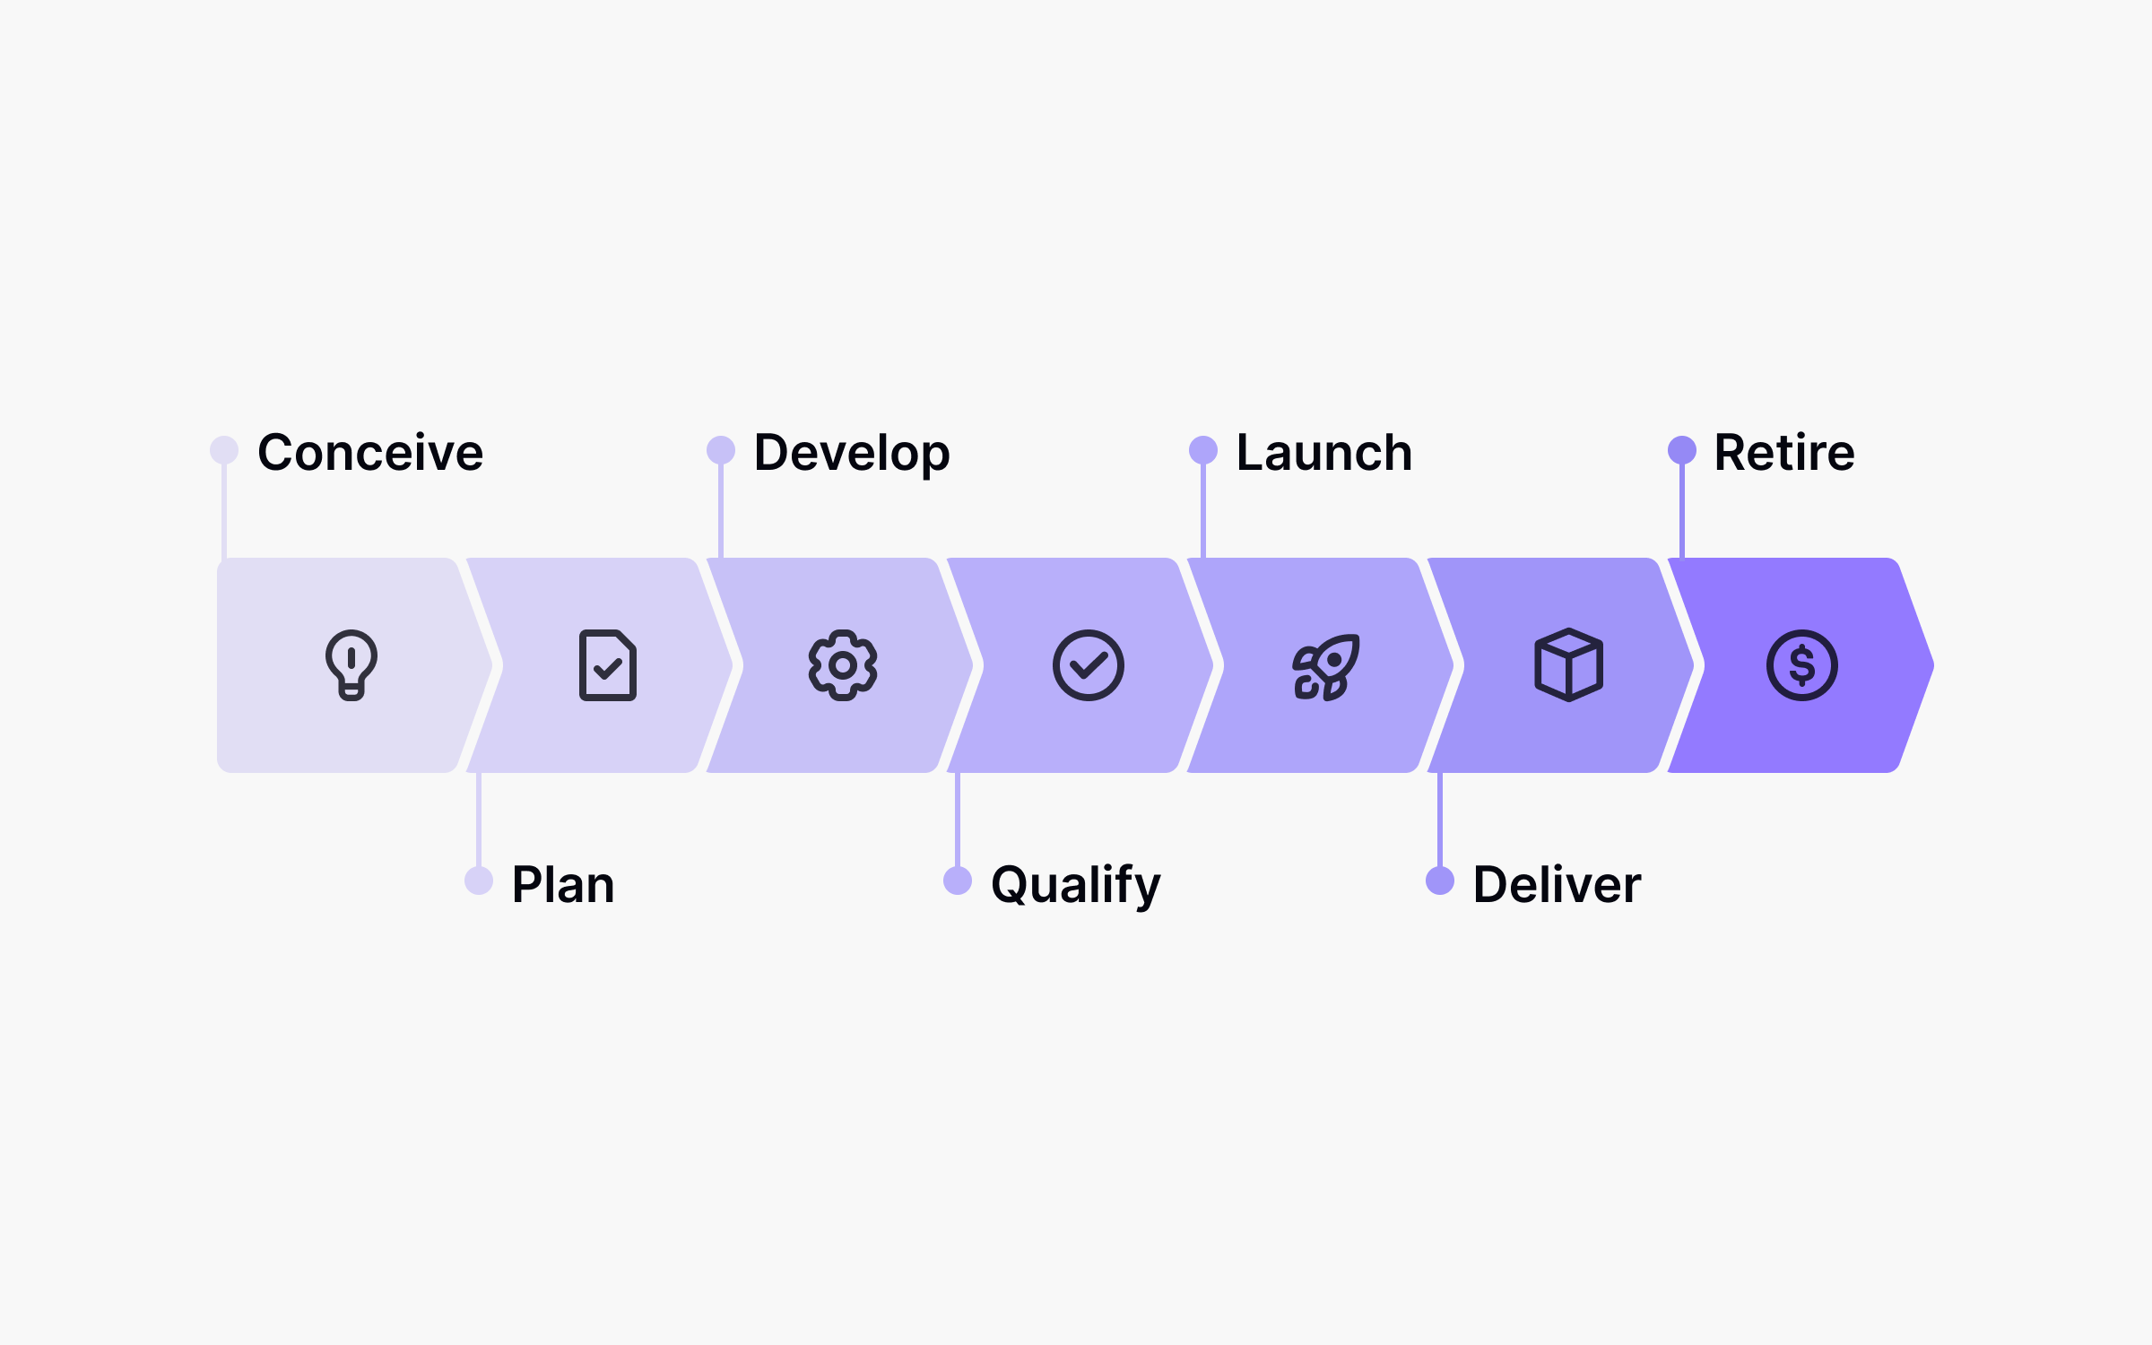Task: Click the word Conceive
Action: click(x=369, y=452)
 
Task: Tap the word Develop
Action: click(x=851, y=454)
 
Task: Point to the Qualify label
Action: click(x=1075, y=886)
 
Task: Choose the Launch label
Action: click(x=1323, y=452)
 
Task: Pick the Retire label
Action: click(x=1783, y=452)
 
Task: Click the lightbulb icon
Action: click(x=351, y=665)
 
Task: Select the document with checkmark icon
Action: click(x=608, y=665)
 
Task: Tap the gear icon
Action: click(x=843, y=665)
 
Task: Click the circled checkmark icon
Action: click(x=1088, y=665)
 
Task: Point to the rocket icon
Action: click(x=1325, y=666)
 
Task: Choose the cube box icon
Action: click(x=1568, y=665)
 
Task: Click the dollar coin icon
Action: click(x=1801, y=665)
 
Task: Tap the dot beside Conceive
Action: click(x=224, y=450)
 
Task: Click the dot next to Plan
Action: click(x=479, y=881)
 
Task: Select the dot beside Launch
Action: click(x=1203, y=450)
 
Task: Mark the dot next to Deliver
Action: click(x=1440, y=881)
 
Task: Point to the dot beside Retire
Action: click(x=1682, y=450)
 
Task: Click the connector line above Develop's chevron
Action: click(x=721, y=511)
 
